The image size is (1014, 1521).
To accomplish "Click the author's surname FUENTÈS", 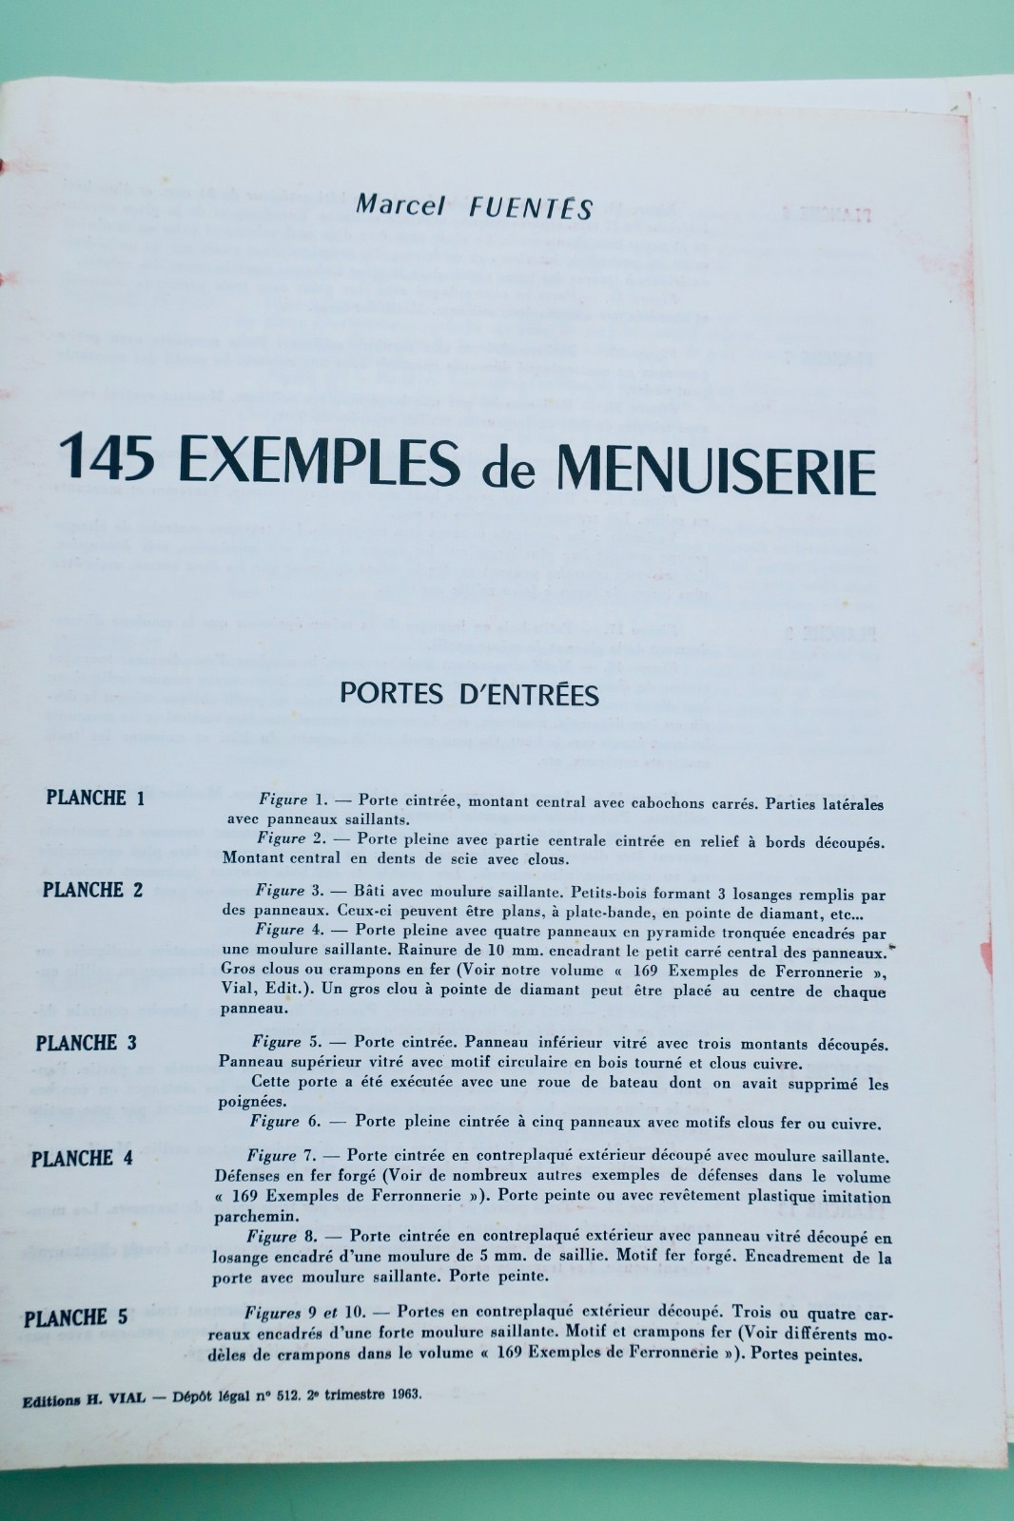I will [x=531, y=206].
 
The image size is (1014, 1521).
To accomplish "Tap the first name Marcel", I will [x=400, y=204].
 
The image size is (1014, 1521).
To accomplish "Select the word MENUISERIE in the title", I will [x=715, y=469].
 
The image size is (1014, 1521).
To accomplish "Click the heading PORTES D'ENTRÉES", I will [x=469, y=695].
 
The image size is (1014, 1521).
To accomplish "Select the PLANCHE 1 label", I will [x=95, y=798].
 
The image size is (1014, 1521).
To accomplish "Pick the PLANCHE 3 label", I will [x=86, y=1043].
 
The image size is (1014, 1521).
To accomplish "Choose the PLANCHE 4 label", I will [x=82, y=1159].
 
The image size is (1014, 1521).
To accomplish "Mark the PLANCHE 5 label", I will [x=76, y=1318].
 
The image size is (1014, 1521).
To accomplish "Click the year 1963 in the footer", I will [x=400, y=1395].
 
